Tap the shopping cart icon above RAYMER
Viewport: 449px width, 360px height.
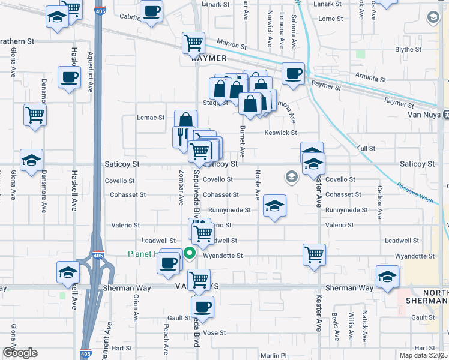pyautogui.click(x=193, y=43)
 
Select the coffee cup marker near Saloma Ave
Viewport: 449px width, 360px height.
pyautogui.click(x=293, y=73)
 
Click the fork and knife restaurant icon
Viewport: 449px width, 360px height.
pyautogui.click(x=181, y=136)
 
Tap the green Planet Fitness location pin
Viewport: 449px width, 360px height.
pyautogui.click(x=190, y=253)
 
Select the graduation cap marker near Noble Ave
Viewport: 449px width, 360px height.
pyautogui.click(x=274, y=206)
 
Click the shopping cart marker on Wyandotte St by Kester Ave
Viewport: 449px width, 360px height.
pyautogui.click(x=314, y=254)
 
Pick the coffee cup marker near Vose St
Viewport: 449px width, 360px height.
pyautogui.click(x=202, y=307)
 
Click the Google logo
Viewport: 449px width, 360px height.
pyautogui.click(x=19, y=353)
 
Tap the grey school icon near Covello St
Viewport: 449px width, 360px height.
pyautogui.click(x=292, y=176)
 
